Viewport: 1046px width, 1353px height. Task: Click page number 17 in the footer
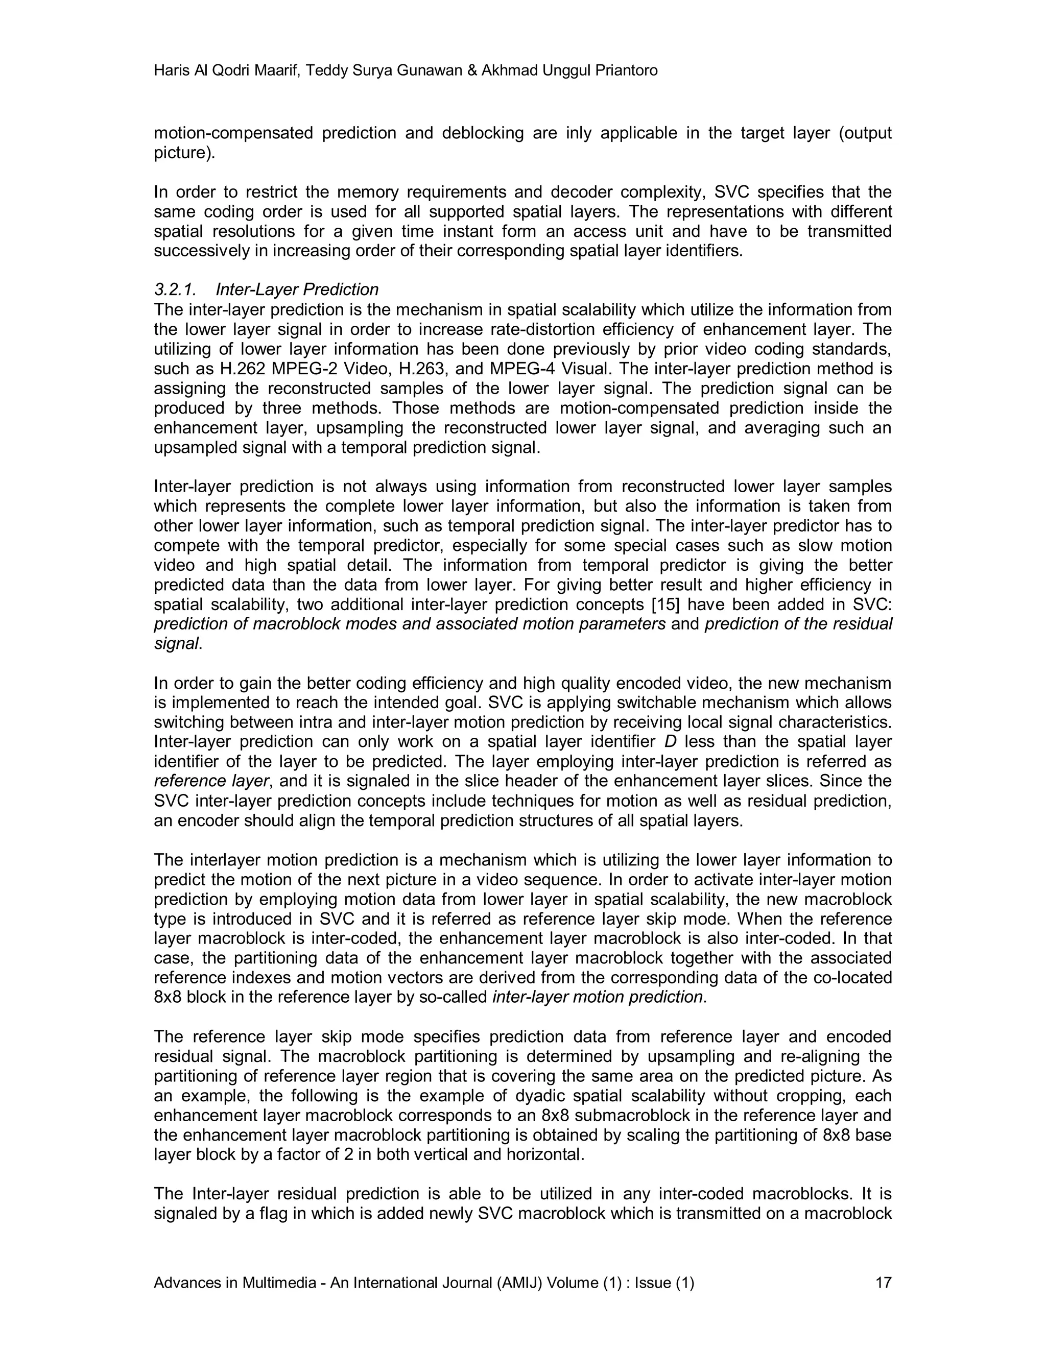(x=883, y=1283)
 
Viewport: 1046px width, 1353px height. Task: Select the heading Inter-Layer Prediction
(x=297, y=289)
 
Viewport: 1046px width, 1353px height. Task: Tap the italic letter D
(x=669, y=741)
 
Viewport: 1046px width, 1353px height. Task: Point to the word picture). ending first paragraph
(x=184, y=153)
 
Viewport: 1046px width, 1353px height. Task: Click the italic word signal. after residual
(x=178, y=644)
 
